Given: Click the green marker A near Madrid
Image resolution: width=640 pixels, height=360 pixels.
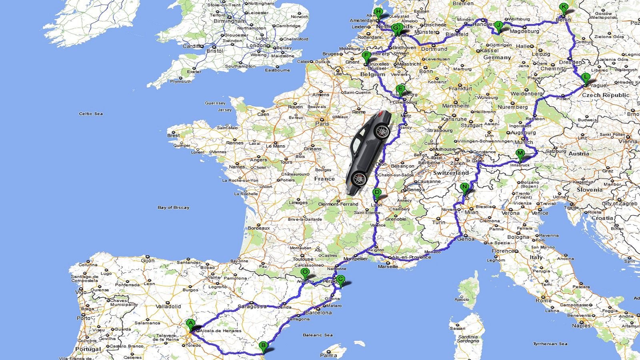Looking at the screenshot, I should [190, 324].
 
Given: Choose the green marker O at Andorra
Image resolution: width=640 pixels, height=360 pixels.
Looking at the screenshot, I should [305, 273].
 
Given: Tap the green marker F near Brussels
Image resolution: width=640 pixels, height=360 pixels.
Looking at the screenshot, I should [366, 56].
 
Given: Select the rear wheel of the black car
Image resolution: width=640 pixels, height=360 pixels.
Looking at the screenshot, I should [359, 178].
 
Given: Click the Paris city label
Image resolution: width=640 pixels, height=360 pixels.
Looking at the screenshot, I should [322, 124].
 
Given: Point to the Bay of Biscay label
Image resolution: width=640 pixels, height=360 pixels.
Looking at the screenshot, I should [173, 208].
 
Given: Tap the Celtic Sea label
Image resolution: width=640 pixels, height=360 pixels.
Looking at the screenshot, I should [91, 114].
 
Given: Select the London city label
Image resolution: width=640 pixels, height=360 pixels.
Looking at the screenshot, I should [256, 46].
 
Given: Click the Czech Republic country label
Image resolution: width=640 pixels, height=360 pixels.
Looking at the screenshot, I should [605, 95].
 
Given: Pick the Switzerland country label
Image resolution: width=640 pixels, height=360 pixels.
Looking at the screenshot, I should [451, 173].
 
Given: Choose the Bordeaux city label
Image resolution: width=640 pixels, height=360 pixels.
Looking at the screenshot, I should [259, 228].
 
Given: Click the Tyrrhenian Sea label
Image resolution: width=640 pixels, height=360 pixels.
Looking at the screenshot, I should [550, 344].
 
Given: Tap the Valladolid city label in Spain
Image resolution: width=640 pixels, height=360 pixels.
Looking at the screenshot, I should [168, 306].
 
